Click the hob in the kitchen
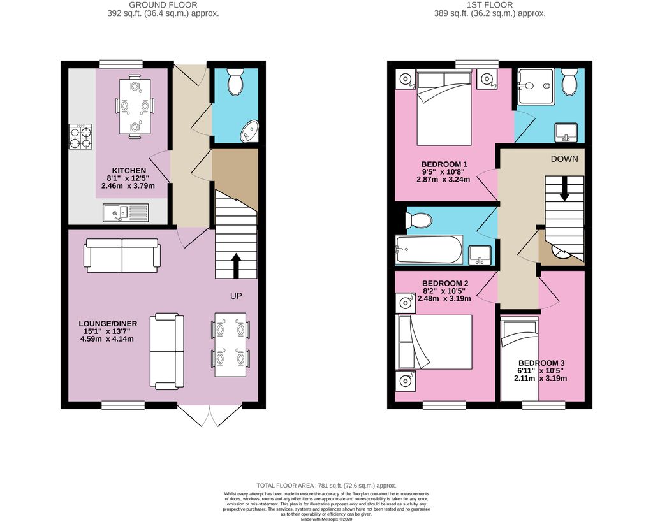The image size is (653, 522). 80,136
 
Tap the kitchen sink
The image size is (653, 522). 126,212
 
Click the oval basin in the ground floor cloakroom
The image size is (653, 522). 249,131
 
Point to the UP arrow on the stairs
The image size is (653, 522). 236,266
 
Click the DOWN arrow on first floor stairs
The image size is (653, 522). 564,189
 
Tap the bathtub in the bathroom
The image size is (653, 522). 429,249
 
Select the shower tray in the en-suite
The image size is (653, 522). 536,86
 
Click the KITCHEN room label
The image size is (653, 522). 129,171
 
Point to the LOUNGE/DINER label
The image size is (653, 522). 108,324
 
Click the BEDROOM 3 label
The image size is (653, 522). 541,363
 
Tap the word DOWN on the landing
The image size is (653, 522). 564,159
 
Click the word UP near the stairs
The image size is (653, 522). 236,296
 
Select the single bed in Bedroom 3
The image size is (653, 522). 519,358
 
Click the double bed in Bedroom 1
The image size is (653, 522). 444,108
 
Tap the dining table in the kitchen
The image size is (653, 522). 135,106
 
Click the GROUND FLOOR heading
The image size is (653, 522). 163,5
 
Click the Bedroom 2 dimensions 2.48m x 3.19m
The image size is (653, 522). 444,298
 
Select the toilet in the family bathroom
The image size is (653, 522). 419,220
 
